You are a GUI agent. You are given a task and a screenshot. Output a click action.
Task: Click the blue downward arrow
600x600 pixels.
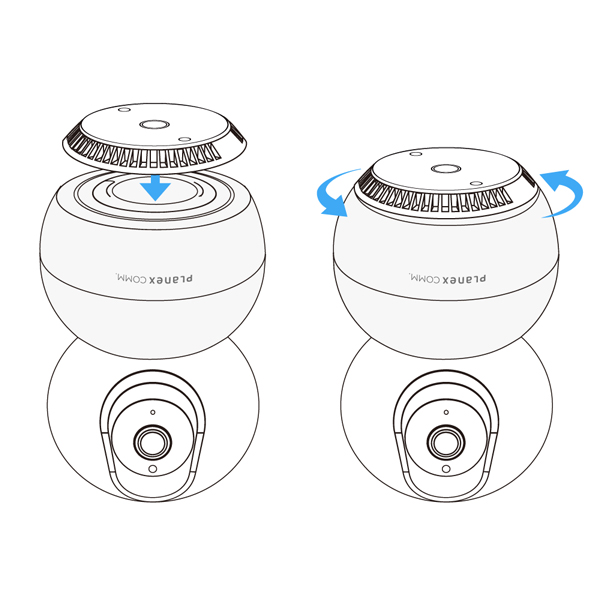155,188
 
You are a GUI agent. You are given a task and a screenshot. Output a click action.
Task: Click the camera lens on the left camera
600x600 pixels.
152,442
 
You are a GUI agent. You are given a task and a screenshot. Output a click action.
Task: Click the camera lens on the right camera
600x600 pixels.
446,442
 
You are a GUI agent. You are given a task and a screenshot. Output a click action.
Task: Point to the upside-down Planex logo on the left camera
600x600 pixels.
154,278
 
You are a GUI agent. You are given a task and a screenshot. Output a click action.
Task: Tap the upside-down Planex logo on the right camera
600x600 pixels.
448,278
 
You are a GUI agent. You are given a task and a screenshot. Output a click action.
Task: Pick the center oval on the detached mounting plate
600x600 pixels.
154,124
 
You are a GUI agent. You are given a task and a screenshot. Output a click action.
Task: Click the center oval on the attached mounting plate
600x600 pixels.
446,169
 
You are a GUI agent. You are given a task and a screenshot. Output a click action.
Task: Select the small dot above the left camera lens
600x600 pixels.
153,412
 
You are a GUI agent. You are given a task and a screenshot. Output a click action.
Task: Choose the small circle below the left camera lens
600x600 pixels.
152,469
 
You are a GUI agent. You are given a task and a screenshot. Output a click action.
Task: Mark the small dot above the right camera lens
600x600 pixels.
446,412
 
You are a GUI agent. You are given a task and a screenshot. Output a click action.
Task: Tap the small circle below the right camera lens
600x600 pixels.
446,469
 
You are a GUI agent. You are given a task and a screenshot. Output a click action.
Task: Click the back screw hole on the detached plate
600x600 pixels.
124,110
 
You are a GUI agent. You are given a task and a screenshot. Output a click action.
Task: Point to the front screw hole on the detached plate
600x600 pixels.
185,139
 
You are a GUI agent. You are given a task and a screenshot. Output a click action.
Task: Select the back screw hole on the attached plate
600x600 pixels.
416,154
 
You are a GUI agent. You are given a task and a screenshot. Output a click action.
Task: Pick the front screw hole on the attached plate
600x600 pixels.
477,184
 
